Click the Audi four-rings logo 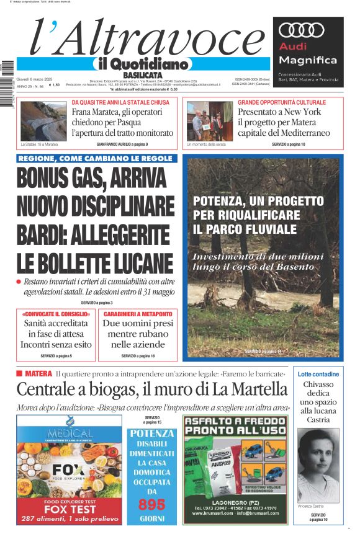302,30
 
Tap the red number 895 151,504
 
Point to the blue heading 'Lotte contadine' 318,374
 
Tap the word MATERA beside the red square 38,373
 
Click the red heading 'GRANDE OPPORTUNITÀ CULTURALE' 281,102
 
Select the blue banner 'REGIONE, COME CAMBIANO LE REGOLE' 95,159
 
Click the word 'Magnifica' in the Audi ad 308,60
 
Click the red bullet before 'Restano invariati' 19,282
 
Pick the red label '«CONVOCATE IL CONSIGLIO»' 55,314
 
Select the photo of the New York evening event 209,122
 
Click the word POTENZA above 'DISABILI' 151,433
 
